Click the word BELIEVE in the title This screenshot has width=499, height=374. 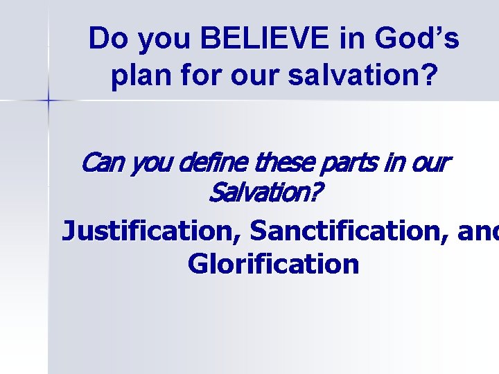(265, 39)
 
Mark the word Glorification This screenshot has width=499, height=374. (273, 264)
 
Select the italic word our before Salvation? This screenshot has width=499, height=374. (429, 164)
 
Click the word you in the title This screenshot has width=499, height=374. (165, 41)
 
